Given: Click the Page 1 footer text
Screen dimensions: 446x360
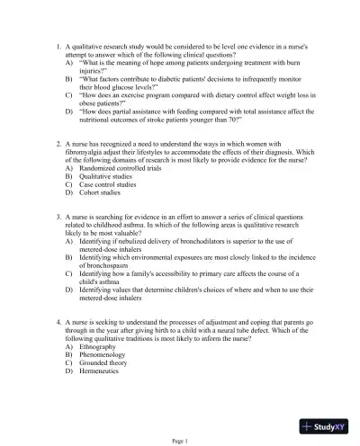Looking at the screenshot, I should click(180, 441).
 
